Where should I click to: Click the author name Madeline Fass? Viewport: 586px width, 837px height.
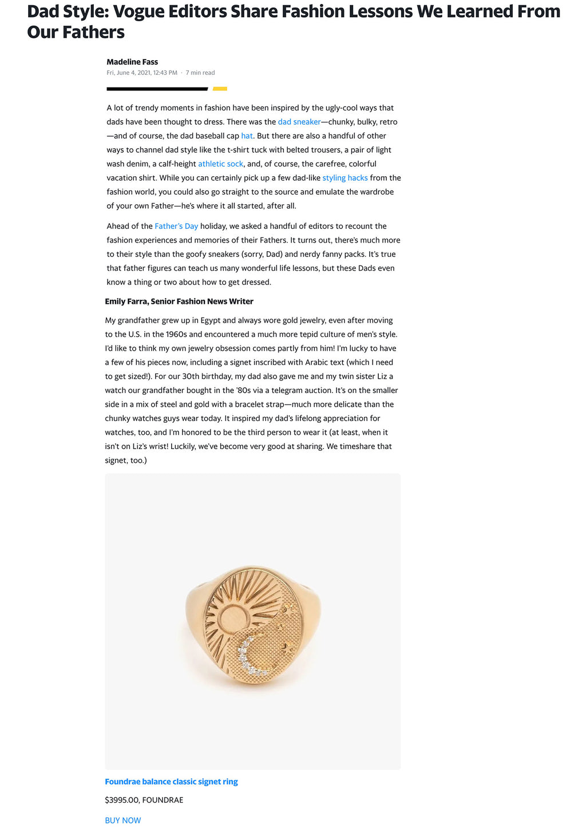pos(132,62)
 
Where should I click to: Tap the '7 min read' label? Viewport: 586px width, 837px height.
pos(200,73)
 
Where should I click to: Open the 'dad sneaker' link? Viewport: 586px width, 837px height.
pos(299,122)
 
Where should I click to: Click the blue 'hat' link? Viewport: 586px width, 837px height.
pos(247,136)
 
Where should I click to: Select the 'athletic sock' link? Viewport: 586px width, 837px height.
pos(220,164)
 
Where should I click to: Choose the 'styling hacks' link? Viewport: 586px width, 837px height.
pos(345,178)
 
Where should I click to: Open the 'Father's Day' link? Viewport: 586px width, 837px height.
pos(176,227)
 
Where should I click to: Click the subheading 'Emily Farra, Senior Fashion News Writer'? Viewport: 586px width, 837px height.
pos(179,302)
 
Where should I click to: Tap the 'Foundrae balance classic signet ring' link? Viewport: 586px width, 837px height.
pos(171,782)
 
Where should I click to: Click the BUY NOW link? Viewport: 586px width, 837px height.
pos(122,820)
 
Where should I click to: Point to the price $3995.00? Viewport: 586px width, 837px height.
pos(121,800)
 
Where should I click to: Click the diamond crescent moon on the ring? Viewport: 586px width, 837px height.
pos(249,657)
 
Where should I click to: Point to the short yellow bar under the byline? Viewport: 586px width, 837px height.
pos(220,89)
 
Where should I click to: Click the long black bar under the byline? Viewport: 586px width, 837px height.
pos(157,89)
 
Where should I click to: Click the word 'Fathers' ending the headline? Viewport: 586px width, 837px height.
pos(93,32)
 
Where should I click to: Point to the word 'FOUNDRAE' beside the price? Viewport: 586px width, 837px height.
pos(163,800)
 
